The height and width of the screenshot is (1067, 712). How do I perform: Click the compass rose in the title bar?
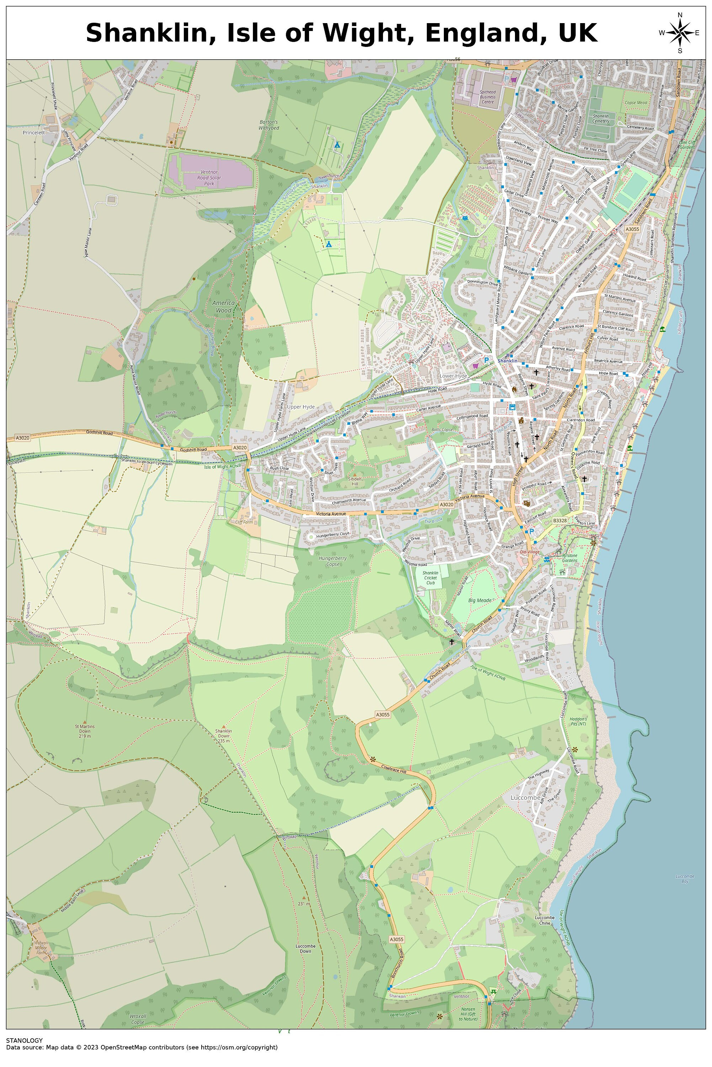pos(679,33)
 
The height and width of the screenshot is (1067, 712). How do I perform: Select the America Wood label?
pos(223,307)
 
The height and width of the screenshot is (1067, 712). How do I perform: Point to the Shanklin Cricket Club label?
pos(430,578)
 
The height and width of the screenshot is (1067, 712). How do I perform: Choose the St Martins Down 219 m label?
pos(85,731)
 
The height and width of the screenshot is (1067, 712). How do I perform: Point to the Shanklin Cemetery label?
pos(601,118)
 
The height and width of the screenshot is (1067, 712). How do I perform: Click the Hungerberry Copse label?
pos(333,561)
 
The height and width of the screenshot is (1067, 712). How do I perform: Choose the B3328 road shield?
pos(560,520)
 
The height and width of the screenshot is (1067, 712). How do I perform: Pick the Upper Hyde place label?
pos(301,407)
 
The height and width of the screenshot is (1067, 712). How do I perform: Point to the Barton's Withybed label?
pos(269,125)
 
